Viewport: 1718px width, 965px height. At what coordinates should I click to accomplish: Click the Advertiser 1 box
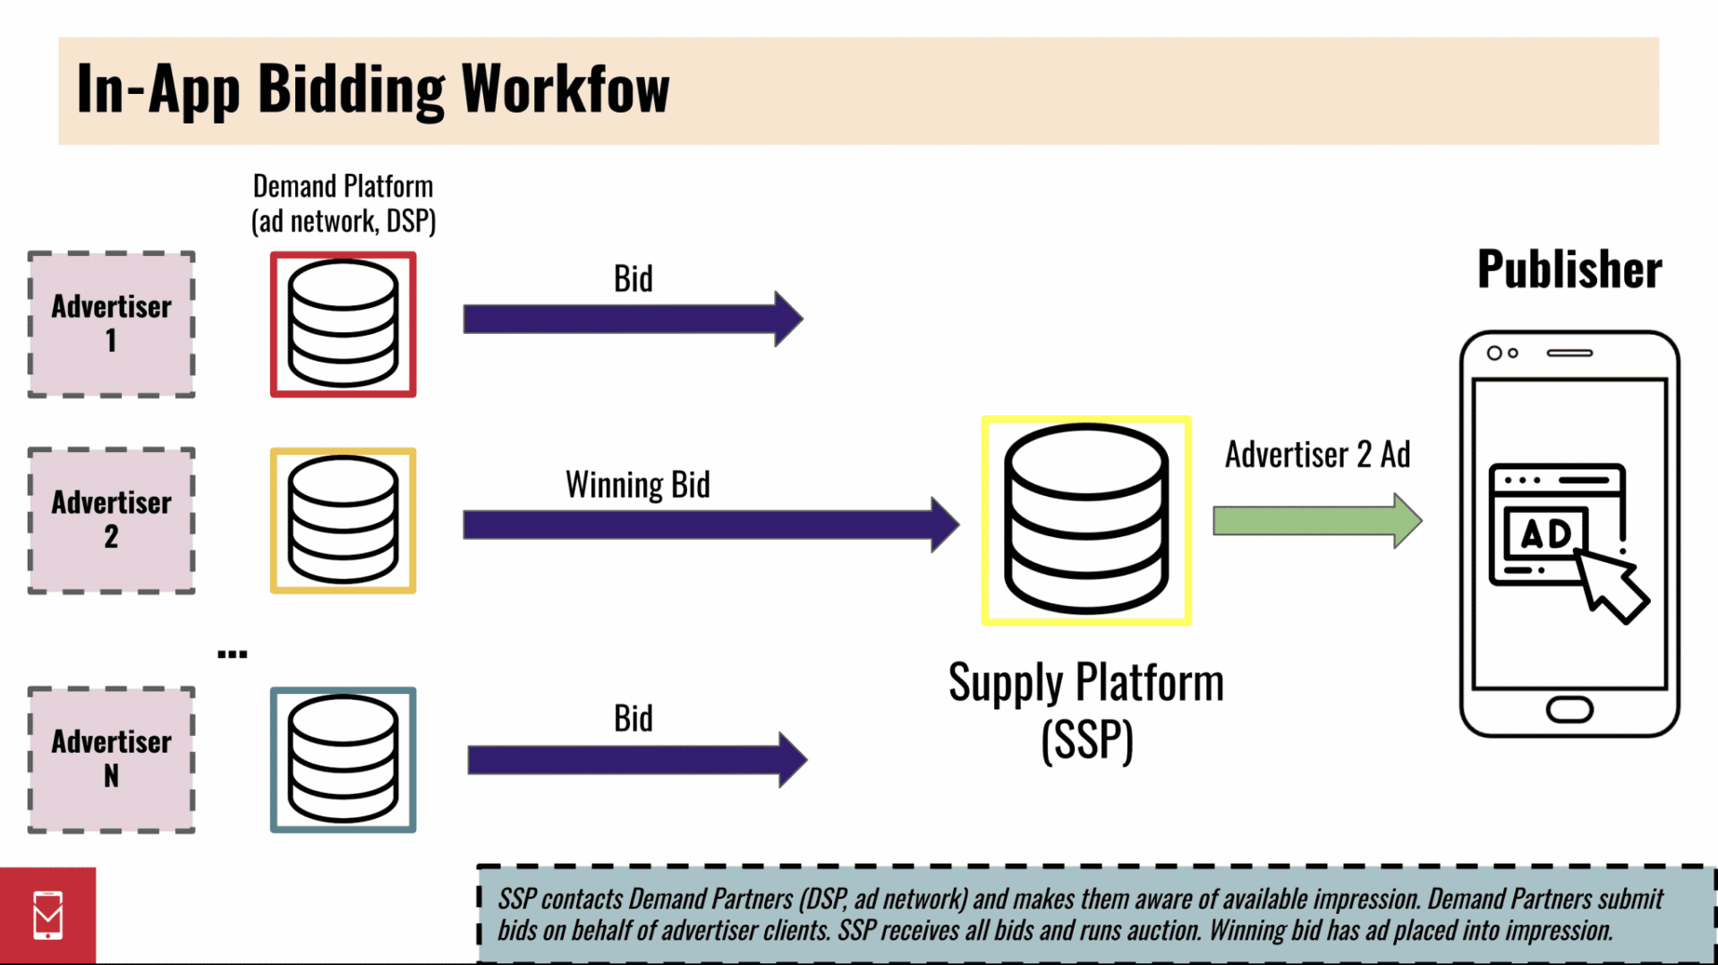pos(111,324)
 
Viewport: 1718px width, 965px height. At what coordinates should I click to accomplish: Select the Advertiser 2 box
pos(111,520)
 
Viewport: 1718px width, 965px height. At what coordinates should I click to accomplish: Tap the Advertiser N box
pos(111,759)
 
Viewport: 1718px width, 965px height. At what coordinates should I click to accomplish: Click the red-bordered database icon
pos(344,324)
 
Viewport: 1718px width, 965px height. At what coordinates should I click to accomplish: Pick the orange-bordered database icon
pos(344,520)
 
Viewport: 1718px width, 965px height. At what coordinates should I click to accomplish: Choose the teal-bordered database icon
pos(344,759)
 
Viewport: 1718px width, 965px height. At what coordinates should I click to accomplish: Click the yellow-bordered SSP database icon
pos(1086,520)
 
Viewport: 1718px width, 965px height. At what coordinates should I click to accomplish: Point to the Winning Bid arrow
pos(711,525)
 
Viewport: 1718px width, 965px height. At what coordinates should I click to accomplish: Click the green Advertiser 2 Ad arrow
pos(1317,520)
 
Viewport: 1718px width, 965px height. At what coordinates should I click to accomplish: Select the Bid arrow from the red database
pos(633,319)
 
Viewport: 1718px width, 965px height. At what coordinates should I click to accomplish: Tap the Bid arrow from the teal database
pos(637,760)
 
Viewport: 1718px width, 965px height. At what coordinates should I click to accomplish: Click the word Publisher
pos(1569,269)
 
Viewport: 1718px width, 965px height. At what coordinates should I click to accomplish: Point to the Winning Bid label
pos(638,484)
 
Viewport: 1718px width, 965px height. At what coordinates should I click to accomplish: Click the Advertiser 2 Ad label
pos(1317,454)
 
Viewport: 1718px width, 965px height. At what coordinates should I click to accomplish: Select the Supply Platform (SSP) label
pos(1086,712)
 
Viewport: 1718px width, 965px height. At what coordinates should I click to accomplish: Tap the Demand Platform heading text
pos(344,203)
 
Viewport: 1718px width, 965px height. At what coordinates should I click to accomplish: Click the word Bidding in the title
pos(351,90)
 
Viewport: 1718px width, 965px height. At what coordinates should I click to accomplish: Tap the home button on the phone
pos(1569,710)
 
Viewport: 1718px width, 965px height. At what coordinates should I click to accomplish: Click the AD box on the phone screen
pos(1545,533)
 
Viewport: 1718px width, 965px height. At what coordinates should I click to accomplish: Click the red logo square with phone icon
pos(47,915)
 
